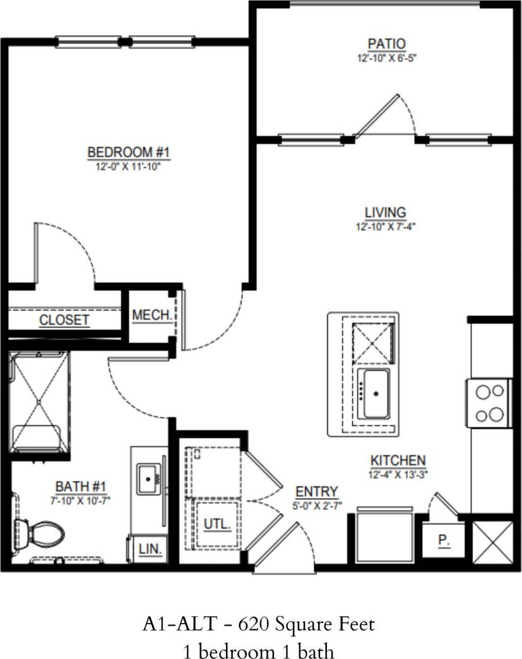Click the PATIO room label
pyautogui.click(x=386, y=44)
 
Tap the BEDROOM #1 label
pyautogui.click(x=129, y=152)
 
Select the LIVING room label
pyautogui.click(x=385, y=212)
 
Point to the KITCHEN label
pyautogui.click(x=398, y=460)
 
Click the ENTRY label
pyautogui.click(x=317, y=491)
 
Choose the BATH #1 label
pyautogui.click(x=81, y=486)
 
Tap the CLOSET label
pyautogui.click(x=64, y=320)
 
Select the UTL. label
pyautogui.click(x=217, y=523)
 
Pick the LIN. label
pyautogui.click(x=150, y=548)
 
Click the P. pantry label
pyautogui.click(x=443, y=540)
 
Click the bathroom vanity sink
pyautogui.click(x=150, y=479)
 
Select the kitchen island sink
pyautogui.click(x=375, y=394)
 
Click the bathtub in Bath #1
pyautogui.click(x=39, y=402)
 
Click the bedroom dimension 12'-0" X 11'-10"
pyautogui.click(x=129, y=166)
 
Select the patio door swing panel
pyautogui.click(x=377, y=116)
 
